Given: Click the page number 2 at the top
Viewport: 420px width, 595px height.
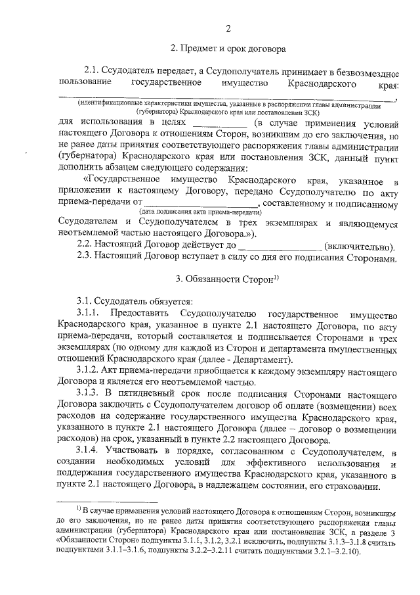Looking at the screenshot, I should (x=228, y=28).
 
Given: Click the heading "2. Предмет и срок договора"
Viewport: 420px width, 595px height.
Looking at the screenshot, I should (x=227, y=49).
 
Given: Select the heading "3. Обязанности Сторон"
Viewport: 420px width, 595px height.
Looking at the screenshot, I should (x=224, y=280).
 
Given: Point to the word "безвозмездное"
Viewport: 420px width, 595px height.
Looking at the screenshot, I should (x=366, y=70).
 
